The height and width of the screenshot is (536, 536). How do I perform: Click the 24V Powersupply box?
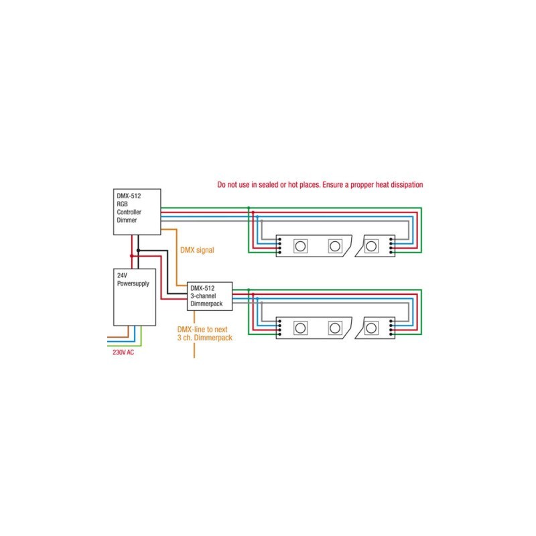coord(133,299)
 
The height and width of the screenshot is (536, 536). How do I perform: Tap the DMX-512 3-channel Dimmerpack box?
coord(210,295)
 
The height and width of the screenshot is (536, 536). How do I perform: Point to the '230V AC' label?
coord(124,352)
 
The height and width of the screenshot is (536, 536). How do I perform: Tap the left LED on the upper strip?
coord(301,246)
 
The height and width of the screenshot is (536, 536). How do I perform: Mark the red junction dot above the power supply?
coord(131,255)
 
